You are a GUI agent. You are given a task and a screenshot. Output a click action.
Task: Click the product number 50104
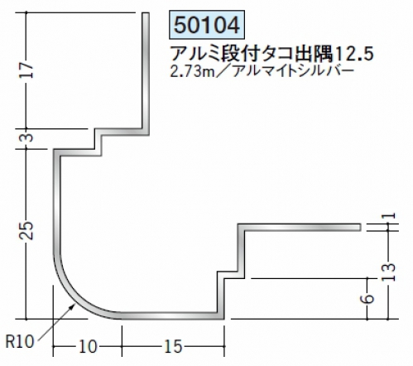207,25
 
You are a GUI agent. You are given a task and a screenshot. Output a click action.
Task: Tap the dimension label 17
26,70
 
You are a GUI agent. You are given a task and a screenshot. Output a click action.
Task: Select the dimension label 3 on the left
28,137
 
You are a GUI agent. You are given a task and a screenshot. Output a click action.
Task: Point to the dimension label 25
26,230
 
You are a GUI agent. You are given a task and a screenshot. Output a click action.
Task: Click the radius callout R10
20,342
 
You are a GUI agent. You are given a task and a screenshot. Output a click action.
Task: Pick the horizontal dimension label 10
88,346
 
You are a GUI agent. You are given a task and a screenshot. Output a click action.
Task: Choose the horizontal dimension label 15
173,346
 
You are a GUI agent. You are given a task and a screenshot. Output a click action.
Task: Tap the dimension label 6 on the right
368,299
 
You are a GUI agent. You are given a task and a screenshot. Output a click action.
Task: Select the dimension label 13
389,272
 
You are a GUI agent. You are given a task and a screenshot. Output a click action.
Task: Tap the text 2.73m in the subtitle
192,72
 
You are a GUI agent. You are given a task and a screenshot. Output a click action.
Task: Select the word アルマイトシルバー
293,72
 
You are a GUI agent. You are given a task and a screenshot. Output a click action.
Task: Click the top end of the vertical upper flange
146,12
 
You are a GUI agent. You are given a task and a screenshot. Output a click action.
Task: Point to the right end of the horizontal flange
361,227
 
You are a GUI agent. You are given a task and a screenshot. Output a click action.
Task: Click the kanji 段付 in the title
238,53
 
